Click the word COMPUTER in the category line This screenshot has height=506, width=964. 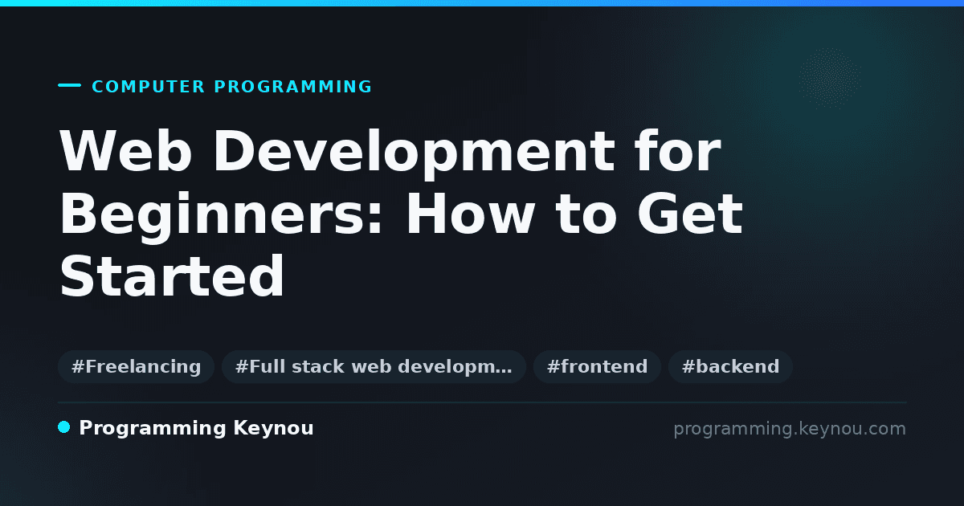(148, 87)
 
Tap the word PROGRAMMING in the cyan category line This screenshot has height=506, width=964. (292, 87)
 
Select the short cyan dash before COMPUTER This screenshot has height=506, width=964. (69, 85)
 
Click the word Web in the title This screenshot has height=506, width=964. (125, 151)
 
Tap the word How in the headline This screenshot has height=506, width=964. (471, 214)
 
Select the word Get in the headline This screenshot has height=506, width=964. (690, 214)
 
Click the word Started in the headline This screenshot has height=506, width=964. (172, 275)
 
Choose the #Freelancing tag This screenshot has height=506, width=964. (136, 366)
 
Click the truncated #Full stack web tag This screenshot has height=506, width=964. (374, 366)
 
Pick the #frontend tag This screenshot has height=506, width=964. (597, 366)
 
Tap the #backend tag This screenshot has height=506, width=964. (730, 366)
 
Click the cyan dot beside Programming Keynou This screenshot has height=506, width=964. (64, 427)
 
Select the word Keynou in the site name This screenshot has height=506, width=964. (273, 429)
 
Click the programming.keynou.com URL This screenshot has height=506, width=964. (790, 429)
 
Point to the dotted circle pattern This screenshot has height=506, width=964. (830, 79)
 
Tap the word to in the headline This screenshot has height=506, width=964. (586, 215)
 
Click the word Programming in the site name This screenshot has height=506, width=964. (153, 429)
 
